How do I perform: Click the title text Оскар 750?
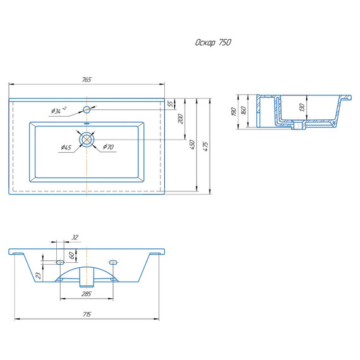point(213,42)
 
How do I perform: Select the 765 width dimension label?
point(87,80)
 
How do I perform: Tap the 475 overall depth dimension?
point(206,147)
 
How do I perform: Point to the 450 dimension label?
point(193,145)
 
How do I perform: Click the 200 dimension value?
point(181,119)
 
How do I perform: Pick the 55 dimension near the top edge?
point(171,104)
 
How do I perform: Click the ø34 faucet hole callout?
point(59,111)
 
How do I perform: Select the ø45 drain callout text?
point(66,147)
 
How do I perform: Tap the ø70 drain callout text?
point(109,147)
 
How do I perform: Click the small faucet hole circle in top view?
point(87,109)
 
